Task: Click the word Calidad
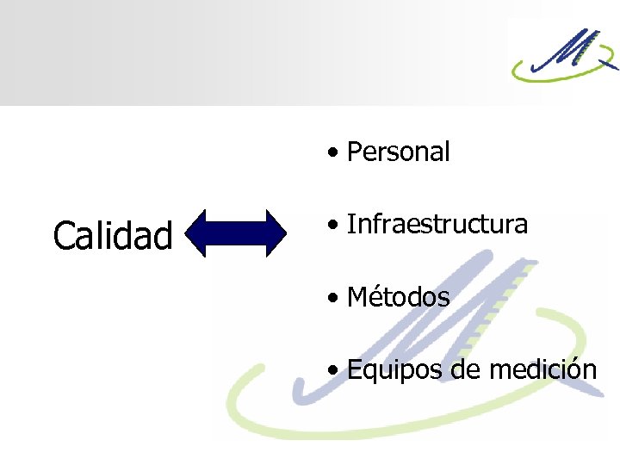(x=113, y=235)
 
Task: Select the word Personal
(x=398, y=152)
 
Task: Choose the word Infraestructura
(x=437, y=225)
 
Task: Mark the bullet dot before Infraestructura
(x=332, y=226)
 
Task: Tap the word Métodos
(x=398, y=298)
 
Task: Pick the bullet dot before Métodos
(x=332, y=300)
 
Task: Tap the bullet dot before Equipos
(x=332, y=372)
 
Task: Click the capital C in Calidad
(x=63, y=236)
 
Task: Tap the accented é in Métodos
(x=376, y=298)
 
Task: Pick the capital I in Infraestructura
(x=350, y=225)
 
